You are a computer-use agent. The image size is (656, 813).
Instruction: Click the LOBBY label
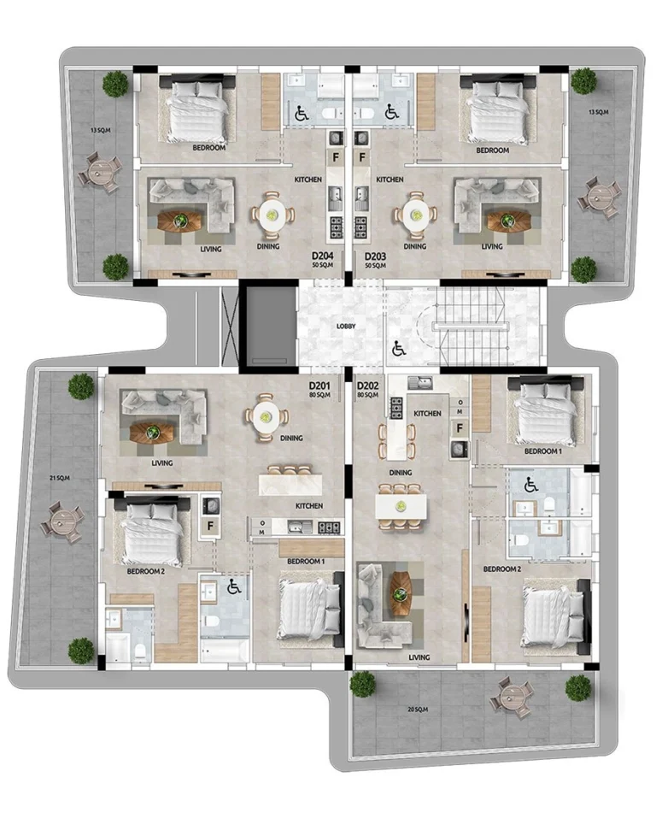pos(345,327)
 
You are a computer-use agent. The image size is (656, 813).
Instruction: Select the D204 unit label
pos(322,256)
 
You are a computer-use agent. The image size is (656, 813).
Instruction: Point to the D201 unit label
pos(319,386)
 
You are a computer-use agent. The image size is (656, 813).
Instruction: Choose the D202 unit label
pos(368,386)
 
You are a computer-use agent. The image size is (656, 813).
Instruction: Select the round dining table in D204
pos(272,215)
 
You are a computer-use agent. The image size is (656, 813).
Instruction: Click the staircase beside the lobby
pos(474,326)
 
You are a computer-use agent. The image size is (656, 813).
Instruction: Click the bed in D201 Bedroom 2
pos(152,533)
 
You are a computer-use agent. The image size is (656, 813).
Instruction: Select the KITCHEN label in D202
pos(427,414)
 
